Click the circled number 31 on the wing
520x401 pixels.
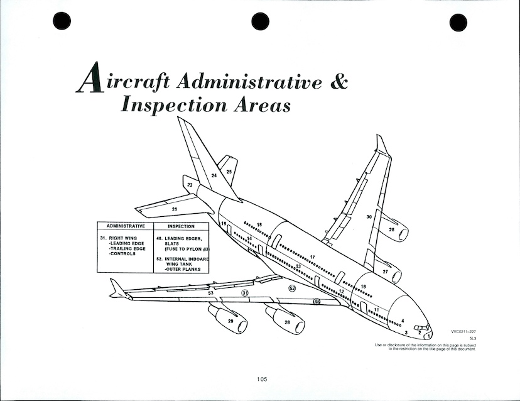pyautogui.click(x=246, y=293)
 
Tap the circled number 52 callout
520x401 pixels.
pyautogui.click(x=291, y=288)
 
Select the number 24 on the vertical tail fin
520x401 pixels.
pyautogui.click(x=214, y=176)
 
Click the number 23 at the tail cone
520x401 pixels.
pyautogui.click(x=190, y=185)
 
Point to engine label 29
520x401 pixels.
pyautogui.click(x=230, y=321)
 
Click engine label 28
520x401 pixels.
pyautogui.click(x=287, y=322)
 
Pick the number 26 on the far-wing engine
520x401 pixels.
pyautogui.click(x=391, y=230)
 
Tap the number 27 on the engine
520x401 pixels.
pyautogui.click(x=385, y=272)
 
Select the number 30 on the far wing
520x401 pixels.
pyautogui.click(x=370, y=217)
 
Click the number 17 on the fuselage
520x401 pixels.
pyautogui.click(x=312, y=257)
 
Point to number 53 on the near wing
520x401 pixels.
pyautogui.click(x=211, y=293)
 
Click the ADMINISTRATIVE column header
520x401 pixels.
pyautogui.click(x=126, y=226)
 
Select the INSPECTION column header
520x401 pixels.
pyautogui.click(x=181, y=226)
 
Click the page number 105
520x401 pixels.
pyautogui.click(x=262, y=378)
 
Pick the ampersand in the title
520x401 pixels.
pyautogui.click(x=339, y=82)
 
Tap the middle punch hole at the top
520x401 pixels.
pyautogui.click(x=260, y=21)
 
